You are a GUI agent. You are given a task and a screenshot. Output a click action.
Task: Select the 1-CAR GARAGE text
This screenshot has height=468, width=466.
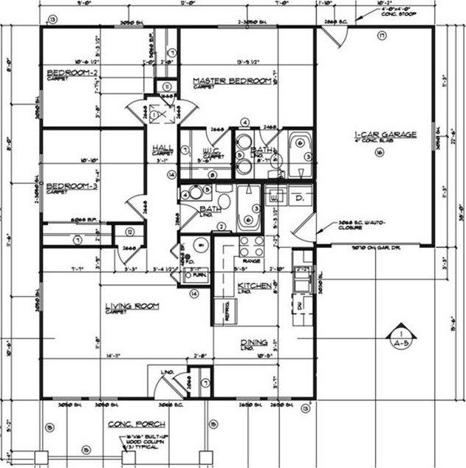point(385,134)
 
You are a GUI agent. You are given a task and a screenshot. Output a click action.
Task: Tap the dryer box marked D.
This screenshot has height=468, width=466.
point(301,198)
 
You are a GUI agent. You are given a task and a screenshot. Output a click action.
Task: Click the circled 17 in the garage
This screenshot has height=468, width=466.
point(382,36)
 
